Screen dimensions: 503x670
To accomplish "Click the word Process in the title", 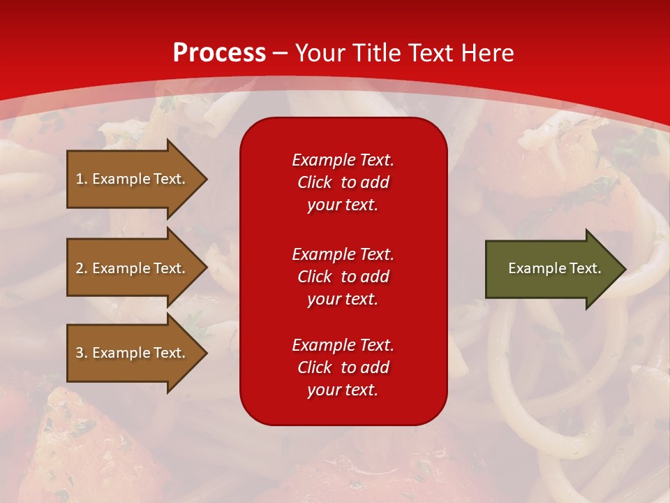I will tap(219, 53).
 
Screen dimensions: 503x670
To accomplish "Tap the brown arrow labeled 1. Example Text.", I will tap(133, 179).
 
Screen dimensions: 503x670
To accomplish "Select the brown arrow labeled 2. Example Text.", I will tap(133, 268).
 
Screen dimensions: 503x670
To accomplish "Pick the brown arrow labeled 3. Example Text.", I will tap(133, 353).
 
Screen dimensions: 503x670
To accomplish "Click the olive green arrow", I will tap(551, 268).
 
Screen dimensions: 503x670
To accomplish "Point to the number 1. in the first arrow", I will tap(81, 179).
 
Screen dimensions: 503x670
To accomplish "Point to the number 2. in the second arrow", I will tap(81, 268).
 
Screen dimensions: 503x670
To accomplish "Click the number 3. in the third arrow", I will tap(81, 353).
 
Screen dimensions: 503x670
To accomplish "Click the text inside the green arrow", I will tap(555, 268).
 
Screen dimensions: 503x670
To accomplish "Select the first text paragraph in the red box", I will tap(343, 182).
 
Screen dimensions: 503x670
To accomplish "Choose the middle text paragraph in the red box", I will tap(343, 277).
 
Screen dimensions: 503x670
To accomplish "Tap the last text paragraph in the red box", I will tap(343, 367).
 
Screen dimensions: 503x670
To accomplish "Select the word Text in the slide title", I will tap(429, 53).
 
